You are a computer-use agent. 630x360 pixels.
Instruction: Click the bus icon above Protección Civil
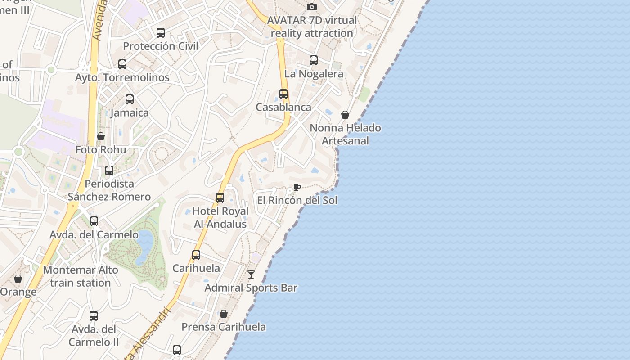(x=161, y=33)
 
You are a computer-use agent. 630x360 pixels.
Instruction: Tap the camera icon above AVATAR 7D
(x=312, y=7)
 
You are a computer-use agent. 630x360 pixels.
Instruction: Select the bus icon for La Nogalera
(x=314, y=60)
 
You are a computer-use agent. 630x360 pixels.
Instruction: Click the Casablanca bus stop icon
(x=283, y=94)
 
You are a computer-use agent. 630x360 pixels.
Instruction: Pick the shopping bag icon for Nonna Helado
(x=345, y=115)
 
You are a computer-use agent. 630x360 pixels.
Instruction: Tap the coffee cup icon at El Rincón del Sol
(x=297, y=187)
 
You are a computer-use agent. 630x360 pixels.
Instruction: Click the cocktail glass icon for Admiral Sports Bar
(x=251, y=274)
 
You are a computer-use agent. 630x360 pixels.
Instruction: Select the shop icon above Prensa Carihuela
(x=224, y=314)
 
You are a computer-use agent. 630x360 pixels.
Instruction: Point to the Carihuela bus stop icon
(x=196, y=255)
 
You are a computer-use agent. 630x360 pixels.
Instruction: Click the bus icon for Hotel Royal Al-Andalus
(x=220, y=198)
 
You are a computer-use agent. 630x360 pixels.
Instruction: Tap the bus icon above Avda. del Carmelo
(x=94, y=221)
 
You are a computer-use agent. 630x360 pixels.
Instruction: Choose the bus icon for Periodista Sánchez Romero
(x=109, y=171)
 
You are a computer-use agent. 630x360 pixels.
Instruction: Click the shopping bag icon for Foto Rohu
(x=101, y=136)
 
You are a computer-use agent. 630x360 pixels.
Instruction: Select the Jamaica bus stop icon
(x=130, y=99)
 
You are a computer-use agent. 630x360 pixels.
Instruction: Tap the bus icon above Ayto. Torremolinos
(x=122, y=64)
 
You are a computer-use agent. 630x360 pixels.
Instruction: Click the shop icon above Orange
(x=18, y=279)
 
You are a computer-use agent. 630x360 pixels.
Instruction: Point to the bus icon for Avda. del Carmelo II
(x=94, y=316)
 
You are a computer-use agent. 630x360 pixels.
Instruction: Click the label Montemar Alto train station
(x=81, y=276)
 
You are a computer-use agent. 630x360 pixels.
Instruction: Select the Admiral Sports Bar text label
(x=251, y=288)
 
